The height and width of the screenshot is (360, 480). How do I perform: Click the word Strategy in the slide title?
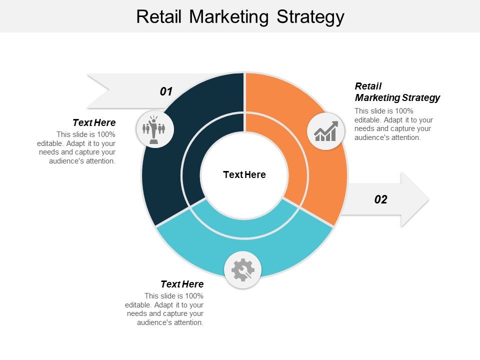tap(309, 17)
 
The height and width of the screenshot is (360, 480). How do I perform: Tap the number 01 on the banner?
tap(166, 91)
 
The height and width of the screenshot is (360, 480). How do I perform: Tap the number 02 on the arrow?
tap(380, 199)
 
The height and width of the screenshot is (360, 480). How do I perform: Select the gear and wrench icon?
tap(243, 270)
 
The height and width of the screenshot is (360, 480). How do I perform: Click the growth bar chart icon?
tap(325, 131)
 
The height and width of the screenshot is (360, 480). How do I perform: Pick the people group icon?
tap(154, 129)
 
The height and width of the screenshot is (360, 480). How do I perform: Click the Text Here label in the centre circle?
tap(244, 174)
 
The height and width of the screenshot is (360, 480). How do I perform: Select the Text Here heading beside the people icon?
tap(94, 122)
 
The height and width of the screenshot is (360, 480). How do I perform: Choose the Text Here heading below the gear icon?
tap(182, 284)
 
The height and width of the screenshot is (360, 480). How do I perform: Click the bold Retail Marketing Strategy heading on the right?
tap(397, 92)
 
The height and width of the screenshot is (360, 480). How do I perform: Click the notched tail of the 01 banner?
tap(100, 90)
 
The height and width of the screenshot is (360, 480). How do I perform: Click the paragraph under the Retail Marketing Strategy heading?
tap(393, 124)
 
